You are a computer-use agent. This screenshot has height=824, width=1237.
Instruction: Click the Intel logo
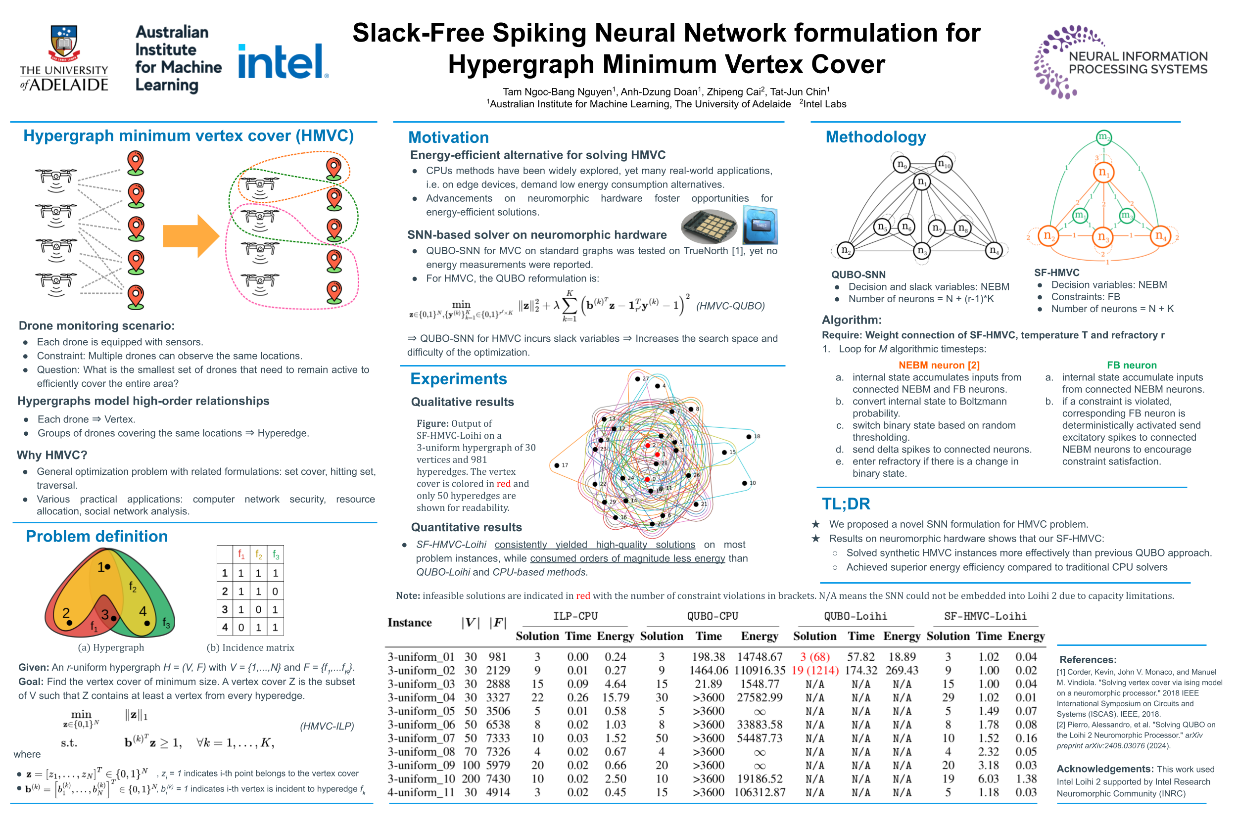(283, 62)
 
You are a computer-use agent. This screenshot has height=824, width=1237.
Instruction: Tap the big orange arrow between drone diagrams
(190, 236)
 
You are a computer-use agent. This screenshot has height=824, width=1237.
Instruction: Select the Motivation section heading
(448, 137)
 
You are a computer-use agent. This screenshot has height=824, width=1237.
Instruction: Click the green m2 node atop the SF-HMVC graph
(1103, 137)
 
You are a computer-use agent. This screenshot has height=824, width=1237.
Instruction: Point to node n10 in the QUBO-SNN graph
(944, 164)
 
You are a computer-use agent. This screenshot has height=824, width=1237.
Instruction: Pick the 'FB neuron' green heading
(1131, 365)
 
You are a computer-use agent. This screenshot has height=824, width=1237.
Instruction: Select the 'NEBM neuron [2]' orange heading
(939, 365)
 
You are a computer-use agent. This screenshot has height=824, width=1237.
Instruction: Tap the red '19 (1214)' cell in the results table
(814, 671)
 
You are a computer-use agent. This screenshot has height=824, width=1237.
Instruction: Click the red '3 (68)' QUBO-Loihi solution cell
(814, 657)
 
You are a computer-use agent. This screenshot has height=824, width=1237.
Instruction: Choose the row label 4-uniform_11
(421, 792)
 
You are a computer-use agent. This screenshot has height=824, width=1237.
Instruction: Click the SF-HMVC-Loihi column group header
(985, 616)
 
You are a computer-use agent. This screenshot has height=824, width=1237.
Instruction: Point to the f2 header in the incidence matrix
(258, 554)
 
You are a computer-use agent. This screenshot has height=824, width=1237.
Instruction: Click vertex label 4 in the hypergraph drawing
(143, 612)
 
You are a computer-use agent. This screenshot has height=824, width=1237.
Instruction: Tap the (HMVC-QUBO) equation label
(730, 306)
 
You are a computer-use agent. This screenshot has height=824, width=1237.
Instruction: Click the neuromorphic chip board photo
(708, 227)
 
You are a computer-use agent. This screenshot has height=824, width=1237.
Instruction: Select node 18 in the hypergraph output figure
(749, 437)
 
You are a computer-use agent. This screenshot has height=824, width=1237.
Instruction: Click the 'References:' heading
(1087, 659)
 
